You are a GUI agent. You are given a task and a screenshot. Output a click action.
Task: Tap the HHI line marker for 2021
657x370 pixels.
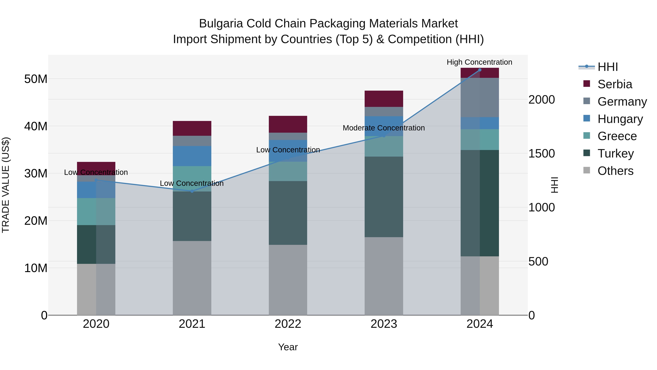[192, 191]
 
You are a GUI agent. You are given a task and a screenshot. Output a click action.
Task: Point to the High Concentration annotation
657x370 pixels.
[479, 62]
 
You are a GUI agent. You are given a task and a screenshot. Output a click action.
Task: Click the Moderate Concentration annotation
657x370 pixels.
[384, 128]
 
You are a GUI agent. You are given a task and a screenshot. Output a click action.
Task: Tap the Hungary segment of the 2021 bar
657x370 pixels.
[192, 156]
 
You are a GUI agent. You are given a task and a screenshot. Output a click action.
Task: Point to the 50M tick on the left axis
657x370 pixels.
[36, 79]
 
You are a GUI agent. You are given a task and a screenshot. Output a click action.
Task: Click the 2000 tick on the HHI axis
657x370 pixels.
[541, 100]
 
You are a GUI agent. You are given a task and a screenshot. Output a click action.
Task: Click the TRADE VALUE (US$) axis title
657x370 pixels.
[6, 185]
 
